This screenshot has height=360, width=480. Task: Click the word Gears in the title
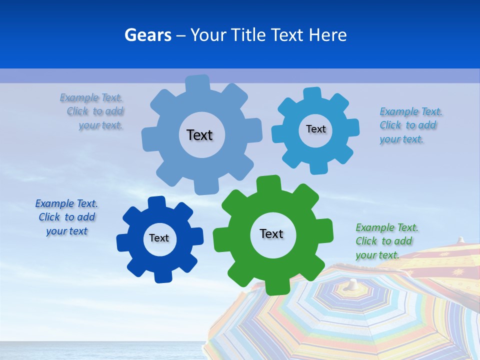(x=147, y=35)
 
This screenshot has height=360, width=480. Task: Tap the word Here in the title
(x=327, y=35)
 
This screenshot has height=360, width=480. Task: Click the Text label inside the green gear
(x=271, y=234)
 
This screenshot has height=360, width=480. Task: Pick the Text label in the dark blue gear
(x=159, y=238)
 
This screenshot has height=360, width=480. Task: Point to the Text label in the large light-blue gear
(x=199, y=135)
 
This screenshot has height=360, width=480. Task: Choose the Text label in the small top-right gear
(x=315, y=129)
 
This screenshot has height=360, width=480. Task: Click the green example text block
(x=386, y=241)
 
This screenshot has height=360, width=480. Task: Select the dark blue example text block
(x=66, y=217)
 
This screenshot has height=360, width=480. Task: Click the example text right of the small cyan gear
(x=410, y=125)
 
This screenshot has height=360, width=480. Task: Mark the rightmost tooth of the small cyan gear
(x=352, y=127)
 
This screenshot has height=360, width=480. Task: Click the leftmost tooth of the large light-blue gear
(x=149, y=138)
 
